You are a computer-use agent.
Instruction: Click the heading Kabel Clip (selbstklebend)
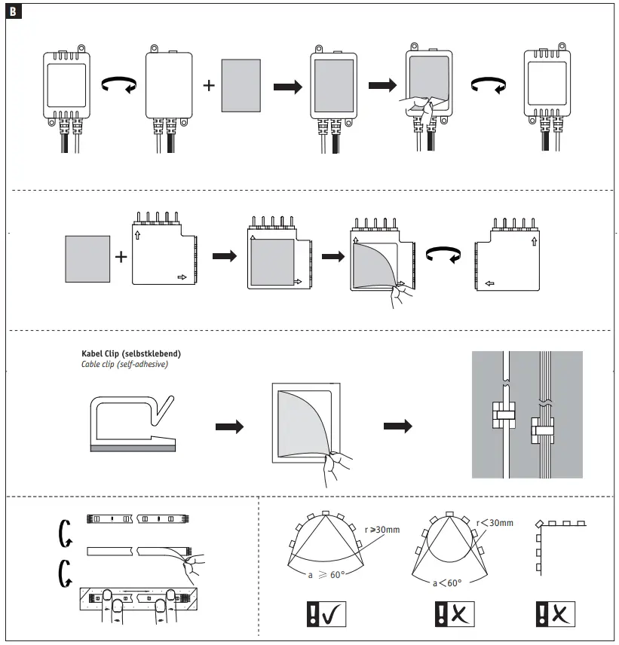(130, 353)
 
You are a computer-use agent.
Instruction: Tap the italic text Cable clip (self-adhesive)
(124, 364)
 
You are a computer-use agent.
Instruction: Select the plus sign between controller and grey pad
(209, 84)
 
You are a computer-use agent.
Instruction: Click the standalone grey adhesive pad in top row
(241, 87)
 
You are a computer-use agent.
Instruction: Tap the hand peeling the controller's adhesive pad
(417, 109)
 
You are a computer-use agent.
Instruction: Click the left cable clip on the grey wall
(504, 413)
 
